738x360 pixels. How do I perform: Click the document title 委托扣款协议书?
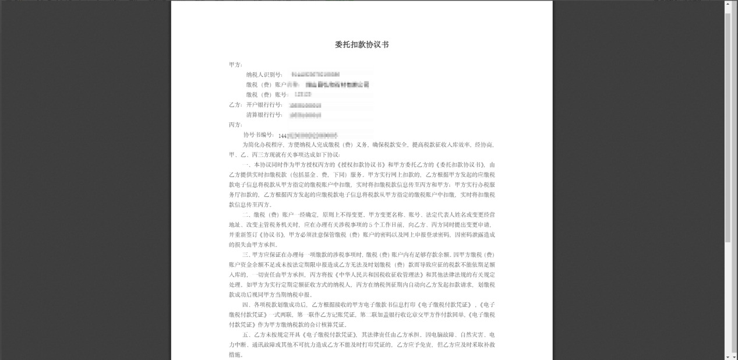[362, 45]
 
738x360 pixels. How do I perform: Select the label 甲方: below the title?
[236, 65]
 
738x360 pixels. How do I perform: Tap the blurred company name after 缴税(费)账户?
[337, 84]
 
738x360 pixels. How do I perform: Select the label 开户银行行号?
[264, 105]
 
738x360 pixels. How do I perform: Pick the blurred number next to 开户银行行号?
[305, 105]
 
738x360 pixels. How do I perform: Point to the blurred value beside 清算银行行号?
[305, 115]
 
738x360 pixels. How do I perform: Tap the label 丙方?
[236, 125]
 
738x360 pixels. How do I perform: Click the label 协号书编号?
[259, 135]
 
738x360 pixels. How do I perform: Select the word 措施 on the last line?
[235, 354]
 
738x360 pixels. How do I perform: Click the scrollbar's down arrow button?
[728, 356]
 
